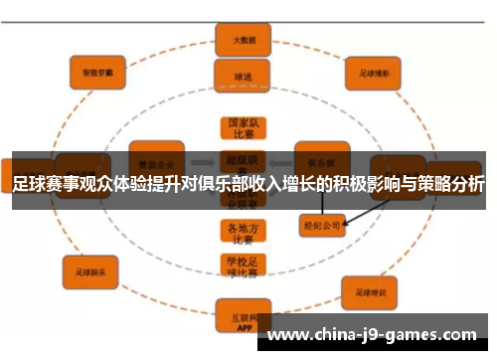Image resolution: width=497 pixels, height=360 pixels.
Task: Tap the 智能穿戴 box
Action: pyautogui.click(x=96, y=73)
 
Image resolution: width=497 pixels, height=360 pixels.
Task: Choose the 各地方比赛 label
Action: pyautogui.click(x=239, y=231)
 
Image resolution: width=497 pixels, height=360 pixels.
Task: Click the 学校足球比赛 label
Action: pyautogui.click(x=239, y=267)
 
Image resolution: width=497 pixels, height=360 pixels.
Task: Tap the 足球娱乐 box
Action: pyautogui.click(x=90, y=268)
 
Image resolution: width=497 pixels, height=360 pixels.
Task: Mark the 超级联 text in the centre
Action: pyautogui.click(x=239, y=157)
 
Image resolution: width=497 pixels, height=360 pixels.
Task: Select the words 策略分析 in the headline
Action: pyautogui.click(x=452, y=185)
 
